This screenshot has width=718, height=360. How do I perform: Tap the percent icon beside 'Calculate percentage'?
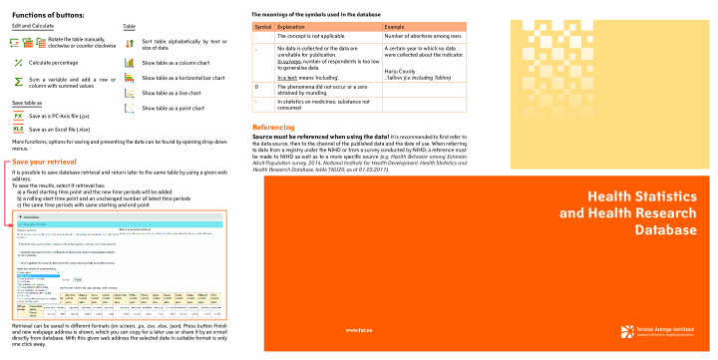[18, 62]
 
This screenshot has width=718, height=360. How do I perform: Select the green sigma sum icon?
[18, 79]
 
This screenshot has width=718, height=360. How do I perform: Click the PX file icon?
[18, 116]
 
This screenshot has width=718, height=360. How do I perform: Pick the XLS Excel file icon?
[18, 129]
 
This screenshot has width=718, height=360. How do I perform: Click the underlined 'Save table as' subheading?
[27, 103]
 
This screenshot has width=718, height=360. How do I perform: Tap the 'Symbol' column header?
[261, 25]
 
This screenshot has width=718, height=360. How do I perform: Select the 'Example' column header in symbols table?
[394, 25]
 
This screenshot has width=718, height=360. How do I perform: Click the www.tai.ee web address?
[358, 328]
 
